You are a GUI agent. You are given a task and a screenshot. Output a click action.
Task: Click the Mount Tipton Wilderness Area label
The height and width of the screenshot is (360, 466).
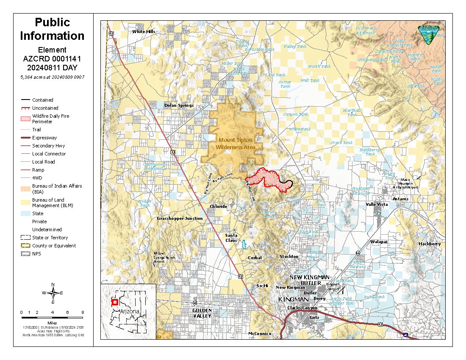pos(236,143)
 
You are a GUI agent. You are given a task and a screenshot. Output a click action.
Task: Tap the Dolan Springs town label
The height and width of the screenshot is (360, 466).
pos(179,105)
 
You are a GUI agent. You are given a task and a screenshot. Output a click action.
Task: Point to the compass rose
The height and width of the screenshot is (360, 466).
pos(53,293)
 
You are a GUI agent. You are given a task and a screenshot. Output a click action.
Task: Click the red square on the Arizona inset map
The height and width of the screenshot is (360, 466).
pos(114,302)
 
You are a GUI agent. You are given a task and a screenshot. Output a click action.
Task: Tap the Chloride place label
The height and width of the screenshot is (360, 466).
pos(219,207)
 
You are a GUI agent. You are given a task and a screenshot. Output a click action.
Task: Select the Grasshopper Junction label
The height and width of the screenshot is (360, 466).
pos(180,219)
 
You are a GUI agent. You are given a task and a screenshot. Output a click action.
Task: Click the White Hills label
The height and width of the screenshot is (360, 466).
pos(144,31)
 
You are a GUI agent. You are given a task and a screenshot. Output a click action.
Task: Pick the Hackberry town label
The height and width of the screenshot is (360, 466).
pos(430,244)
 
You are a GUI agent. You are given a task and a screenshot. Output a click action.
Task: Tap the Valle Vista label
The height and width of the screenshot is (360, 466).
pos(377,204)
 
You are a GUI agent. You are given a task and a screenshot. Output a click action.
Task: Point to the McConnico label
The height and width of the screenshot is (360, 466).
pos(259,334)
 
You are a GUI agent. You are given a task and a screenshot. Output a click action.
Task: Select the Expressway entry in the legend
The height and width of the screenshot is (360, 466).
pos(44,138)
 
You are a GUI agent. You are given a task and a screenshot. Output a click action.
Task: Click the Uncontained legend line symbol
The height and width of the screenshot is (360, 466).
pos(26,108)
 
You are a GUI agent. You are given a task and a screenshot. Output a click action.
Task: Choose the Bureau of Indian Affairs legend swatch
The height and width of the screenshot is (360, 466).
pos(26,188)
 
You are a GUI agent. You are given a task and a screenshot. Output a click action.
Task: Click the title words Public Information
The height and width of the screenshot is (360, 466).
pos(53,29)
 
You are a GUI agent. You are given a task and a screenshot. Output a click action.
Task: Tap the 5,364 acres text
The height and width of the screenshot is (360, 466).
pos(52,77)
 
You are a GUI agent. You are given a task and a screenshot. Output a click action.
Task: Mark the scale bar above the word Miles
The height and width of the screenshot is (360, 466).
pos(52,317)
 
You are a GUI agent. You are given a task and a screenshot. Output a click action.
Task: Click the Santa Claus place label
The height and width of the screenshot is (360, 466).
pos(231,238)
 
